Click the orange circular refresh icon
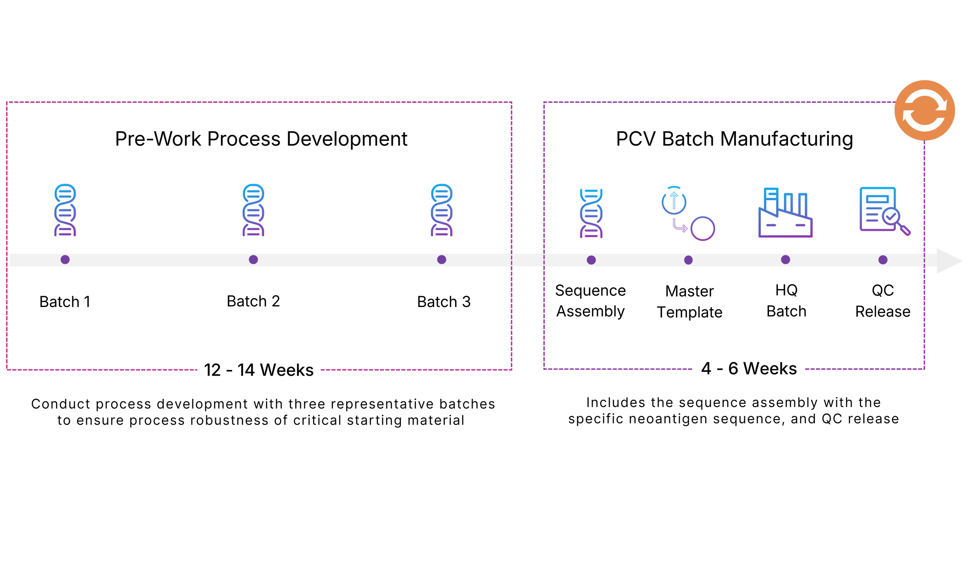click(x=924, y=110)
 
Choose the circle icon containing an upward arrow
click(x=674, y=201)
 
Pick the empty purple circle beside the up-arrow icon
click(x=703, y=229)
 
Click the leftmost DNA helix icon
click(x=65, y=210)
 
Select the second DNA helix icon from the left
click(x=253, y=210)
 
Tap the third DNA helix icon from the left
click(x=442, y=210)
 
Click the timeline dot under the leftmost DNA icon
click(x=65, y=260)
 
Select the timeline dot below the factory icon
click(x=785, y=260)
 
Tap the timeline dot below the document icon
click(x=883, y=260)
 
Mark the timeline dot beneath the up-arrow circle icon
click(x=688, y=260)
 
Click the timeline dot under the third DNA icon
click(x=442, y=260)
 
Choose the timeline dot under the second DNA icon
click(x=253, y=260)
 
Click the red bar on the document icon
click(x=877, y=199)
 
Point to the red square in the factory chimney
click(x=771, y=205)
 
